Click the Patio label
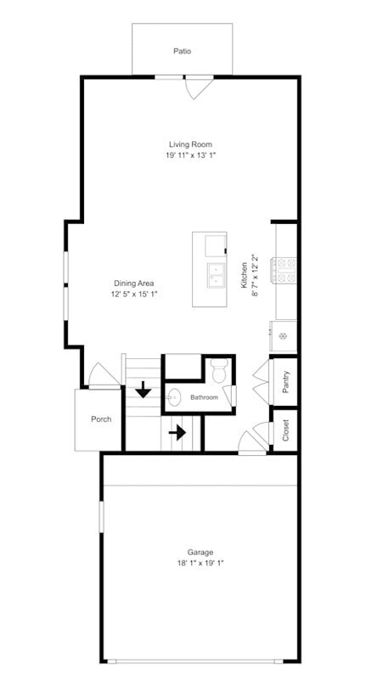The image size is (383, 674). tap(182, 51)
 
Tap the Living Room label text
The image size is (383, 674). tap(189, 144)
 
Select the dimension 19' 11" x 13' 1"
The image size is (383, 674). tap(189, 155)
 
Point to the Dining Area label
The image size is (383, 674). tap(134, 283)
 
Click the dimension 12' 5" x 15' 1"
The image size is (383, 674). tap(134, 294)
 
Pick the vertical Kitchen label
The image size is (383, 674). tap(244, 274)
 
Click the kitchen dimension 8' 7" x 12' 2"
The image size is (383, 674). tap(255, 274)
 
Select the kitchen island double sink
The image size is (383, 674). tap(214, 275)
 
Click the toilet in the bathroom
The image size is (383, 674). tap(218, 370)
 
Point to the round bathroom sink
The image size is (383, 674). tap(174, 396)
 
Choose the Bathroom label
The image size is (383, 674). tap(205, 397)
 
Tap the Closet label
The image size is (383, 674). tap(286, 431)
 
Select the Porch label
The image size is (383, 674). tap(101, 419)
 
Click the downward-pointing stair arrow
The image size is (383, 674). tap(144, 390)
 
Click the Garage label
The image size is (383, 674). tap(200, 552)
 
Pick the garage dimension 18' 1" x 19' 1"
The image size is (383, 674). tap(200, 563)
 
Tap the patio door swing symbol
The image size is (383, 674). tap(198, 86)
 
